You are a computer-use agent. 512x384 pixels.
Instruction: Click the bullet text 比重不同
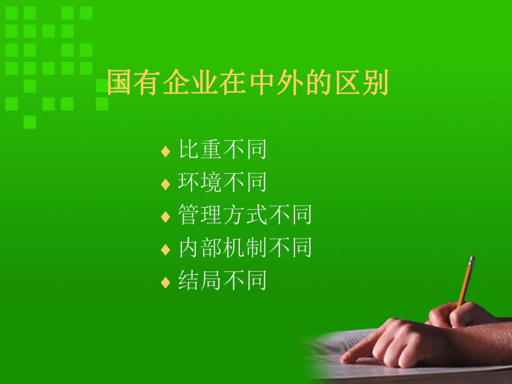(223, 150)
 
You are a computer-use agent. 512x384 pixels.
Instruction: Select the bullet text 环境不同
(223, 183)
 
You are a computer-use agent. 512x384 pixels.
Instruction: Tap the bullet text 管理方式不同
(245, 215)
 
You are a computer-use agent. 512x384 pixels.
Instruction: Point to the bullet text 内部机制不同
(245, 248)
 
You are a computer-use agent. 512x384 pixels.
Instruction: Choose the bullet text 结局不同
(223, 280)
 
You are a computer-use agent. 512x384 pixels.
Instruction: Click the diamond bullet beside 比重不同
(165, 151)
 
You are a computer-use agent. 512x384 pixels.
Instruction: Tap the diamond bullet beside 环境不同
(165, 184)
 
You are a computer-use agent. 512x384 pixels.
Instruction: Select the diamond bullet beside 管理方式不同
(165, 216)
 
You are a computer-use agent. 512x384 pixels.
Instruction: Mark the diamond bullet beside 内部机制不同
(165, 249)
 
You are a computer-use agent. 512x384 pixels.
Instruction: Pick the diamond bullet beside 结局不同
(165, 282)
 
